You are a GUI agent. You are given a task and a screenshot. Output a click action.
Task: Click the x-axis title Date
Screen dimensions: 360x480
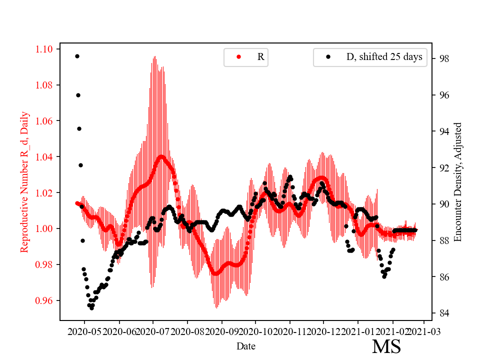tap(246, 345)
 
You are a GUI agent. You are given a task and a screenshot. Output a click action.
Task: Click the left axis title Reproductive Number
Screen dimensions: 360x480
tap(24, 182)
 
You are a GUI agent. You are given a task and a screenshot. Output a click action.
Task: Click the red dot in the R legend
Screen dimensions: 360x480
tap(238, 57)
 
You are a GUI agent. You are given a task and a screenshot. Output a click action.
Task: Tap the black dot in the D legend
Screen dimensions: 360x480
tap(328, 57)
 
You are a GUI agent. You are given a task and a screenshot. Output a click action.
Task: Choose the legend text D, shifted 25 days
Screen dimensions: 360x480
tap(384, 57)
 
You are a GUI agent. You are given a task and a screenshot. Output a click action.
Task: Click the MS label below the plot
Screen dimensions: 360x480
tap(386, 346)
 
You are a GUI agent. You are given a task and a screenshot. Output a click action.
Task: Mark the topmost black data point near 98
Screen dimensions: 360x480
tap(77, 56)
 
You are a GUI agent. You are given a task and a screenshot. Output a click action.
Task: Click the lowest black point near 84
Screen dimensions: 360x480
tap(91, 308)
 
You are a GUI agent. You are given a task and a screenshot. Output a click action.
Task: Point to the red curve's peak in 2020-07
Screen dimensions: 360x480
tap(161, 156)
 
